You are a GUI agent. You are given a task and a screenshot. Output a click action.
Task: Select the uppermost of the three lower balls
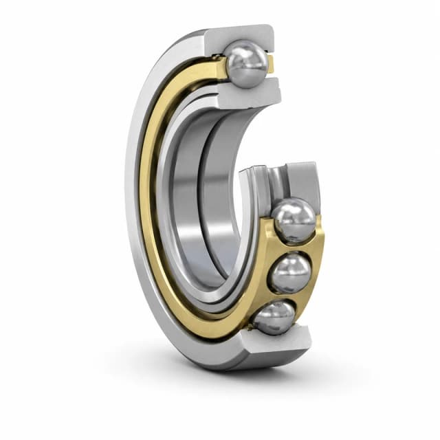pyautogui.click(x=294, y=220)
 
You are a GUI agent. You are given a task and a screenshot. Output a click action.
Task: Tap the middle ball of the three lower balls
pyautogui.click(x=289, y=273)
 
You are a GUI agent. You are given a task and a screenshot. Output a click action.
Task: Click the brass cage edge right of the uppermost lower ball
pyautogui.click(x=318, y=227)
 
